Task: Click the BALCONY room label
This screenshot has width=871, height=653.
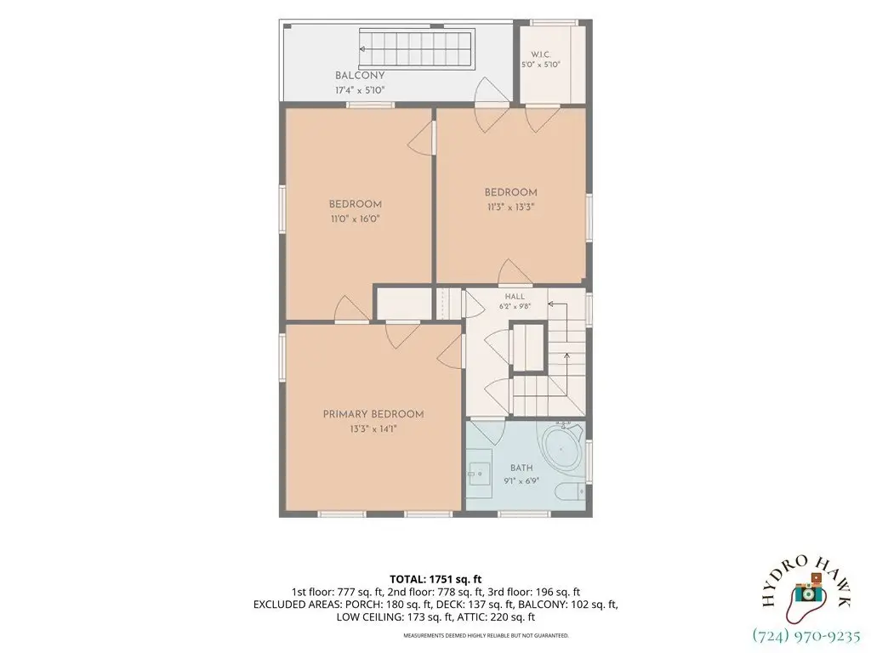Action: [360, 76]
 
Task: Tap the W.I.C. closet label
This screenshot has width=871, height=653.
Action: [540, 54]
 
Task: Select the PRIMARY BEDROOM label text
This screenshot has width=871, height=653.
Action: [373, 414]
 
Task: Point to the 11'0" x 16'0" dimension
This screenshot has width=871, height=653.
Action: [355, 219]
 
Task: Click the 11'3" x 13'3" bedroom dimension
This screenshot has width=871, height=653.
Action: [510, 207]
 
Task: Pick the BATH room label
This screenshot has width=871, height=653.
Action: [521, 468]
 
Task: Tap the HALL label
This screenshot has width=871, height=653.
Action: [515, 297]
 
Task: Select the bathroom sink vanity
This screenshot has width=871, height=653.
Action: [480, 474]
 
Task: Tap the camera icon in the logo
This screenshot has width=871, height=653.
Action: [808, 593]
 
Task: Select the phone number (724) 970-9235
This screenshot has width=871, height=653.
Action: [806, 635]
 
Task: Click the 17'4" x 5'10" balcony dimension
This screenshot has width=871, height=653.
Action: [360, 90]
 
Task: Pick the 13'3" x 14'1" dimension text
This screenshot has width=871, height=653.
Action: [373, 429]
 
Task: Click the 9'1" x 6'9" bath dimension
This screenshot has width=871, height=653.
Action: [521, 481]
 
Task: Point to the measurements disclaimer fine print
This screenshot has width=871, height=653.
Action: [486, 635]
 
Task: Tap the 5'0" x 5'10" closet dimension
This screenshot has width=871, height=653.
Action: [540, 65]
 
